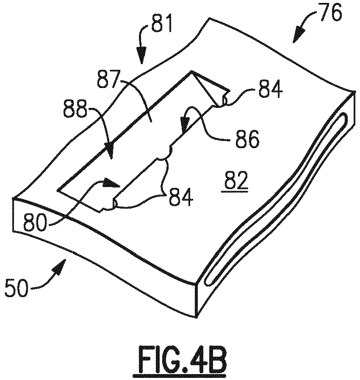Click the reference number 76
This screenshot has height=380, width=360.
pos(331,12)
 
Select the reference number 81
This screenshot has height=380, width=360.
pos(161,24)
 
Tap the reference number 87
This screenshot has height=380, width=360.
pos(109,79)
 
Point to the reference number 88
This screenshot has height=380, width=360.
pos(75,109)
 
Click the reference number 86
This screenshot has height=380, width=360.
pos(247,139)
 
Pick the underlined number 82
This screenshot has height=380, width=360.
pos(235,181)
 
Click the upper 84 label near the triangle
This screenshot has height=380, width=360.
pos(270,89)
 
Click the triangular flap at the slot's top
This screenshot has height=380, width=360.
pos(210,89)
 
